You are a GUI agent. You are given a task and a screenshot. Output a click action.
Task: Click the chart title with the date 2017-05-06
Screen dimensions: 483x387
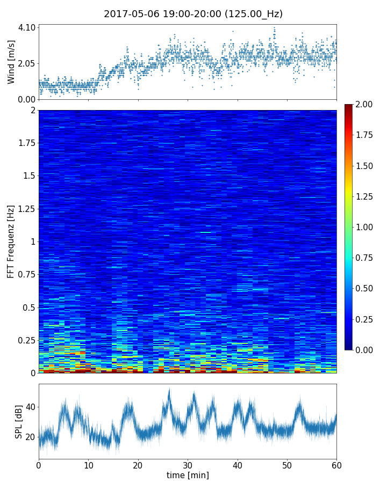[x=193, y=14]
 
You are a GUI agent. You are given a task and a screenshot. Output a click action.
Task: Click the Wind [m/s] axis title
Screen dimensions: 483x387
[x=11, y=62]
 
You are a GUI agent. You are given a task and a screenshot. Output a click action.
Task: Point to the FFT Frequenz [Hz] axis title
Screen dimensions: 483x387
[x=11, y=241]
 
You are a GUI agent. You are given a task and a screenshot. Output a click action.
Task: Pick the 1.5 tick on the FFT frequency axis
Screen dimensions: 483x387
[x=28, y=176]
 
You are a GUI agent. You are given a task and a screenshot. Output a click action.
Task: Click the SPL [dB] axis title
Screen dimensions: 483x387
[x=19, y=422]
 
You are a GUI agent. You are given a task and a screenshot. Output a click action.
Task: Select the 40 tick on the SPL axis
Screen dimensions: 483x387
[x=29, y=407]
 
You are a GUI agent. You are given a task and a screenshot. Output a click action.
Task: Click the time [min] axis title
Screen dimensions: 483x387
[x=188, y=475]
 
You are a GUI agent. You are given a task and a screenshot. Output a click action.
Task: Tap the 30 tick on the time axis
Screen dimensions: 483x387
[x=188, y=464]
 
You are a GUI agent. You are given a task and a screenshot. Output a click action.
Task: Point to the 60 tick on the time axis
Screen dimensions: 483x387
[x=336, y=464]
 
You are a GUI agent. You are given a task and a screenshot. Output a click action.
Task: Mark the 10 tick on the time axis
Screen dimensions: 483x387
[x=88, y=464]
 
